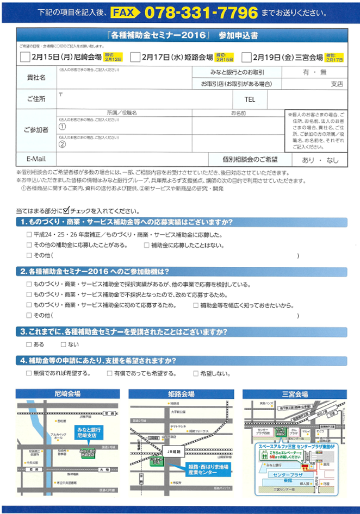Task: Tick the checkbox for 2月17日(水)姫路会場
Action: click(x=135, y=57)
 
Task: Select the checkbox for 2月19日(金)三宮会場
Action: click(x=246, y=57)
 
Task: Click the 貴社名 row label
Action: click(x=36, y=77)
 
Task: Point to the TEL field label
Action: click(x=250, y=99)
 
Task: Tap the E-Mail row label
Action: click(x=36, y=160)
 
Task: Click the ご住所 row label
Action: click(x=36, y=99)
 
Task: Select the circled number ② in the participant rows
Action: click(x=62, y=145)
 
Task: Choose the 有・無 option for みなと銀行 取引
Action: click(x=315, y=72)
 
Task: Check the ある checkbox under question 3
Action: click(x=29, y=345)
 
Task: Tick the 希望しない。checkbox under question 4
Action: click(x=196, y=374)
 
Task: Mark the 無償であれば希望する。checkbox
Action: click(x=29, y=374)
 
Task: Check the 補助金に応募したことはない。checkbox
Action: click(x=146, y=245)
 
